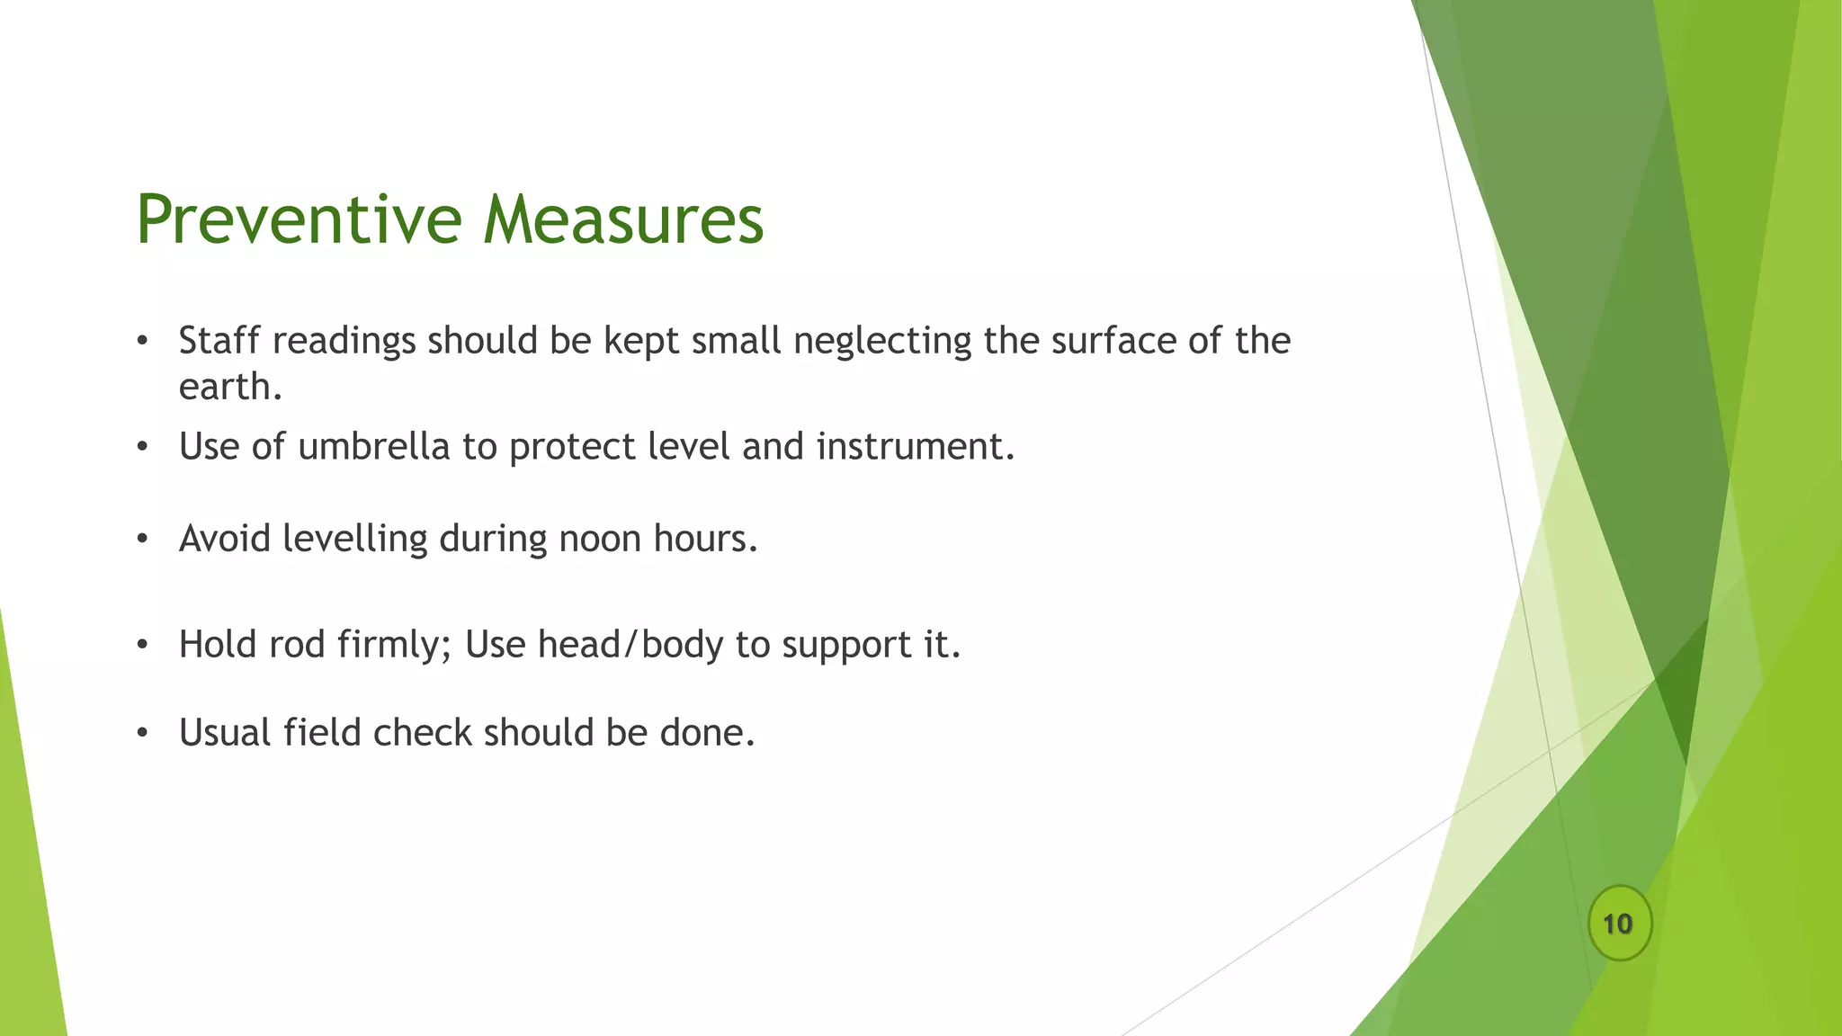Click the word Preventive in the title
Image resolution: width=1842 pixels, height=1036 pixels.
(x=299, y=219)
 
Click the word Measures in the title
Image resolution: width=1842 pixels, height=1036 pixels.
(x=622, y=219)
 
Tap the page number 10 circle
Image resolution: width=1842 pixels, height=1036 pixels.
(x=1619, y=924)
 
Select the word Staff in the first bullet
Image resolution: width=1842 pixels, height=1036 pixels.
(x=219, y=341)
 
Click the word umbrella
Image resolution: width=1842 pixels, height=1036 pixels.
(x=373, y=446)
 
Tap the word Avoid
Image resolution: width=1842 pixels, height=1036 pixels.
(x=225, y=539)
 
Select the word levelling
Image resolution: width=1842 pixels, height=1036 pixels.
(x=354, y=539)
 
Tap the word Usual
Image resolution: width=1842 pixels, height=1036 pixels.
(x=225, y=733)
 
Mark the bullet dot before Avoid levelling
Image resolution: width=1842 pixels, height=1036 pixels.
(x=142, y=540)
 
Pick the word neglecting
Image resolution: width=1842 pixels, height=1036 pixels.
(x=882, y=341)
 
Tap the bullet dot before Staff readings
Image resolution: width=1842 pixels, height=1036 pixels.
(x=142, y=342)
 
